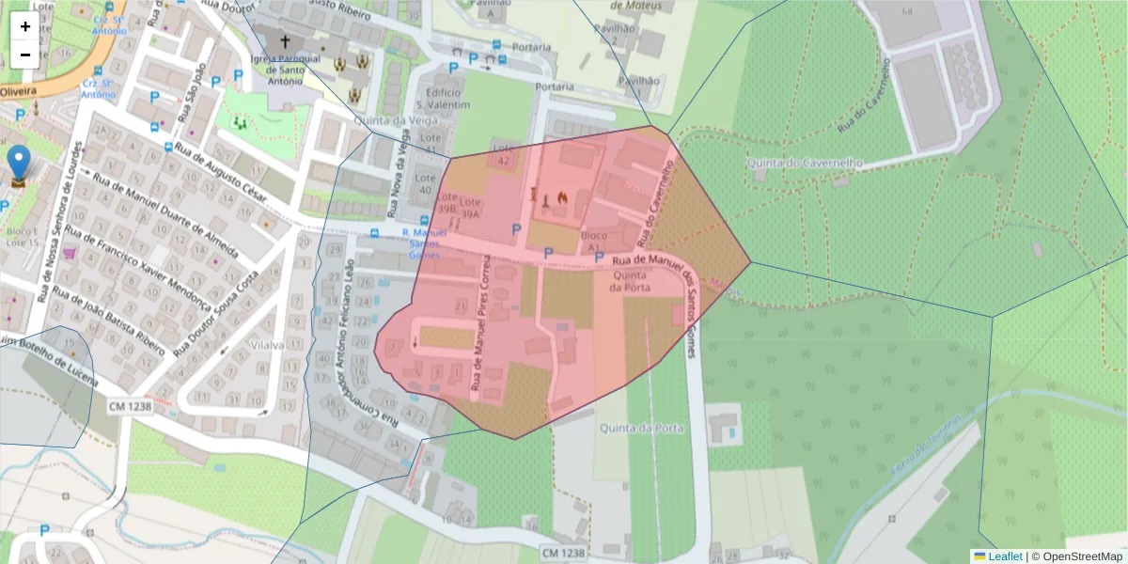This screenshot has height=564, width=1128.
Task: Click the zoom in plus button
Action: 25,26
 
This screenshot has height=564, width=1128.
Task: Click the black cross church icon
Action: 285,42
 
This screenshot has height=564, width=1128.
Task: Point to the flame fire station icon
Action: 562,197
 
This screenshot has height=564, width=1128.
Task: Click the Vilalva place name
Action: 267,345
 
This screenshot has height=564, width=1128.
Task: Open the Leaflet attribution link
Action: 1004,556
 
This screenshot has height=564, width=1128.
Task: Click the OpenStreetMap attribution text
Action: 1076,556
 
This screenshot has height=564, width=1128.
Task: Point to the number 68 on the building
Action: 907,11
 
